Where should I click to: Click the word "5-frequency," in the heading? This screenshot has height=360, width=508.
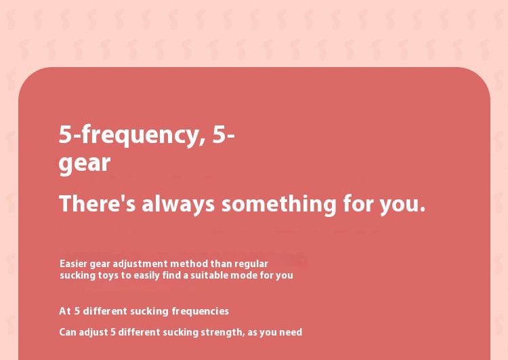pos(132,135)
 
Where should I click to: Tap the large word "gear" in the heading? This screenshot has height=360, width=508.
pos(85,163)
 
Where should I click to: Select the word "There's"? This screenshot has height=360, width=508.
pos(97,203)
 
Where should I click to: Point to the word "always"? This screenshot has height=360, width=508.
pos(178,204)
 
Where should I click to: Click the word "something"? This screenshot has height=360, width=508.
pos(279,204)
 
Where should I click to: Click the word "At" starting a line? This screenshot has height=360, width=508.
pos(65,311)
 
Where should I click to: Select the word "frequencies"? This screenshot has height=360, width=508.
pos(200,312)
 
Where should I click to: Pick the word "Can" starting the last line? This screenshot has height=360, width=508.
pos(68,332)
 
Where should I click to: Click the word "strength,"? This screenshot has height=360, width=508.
pos(223,333)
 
